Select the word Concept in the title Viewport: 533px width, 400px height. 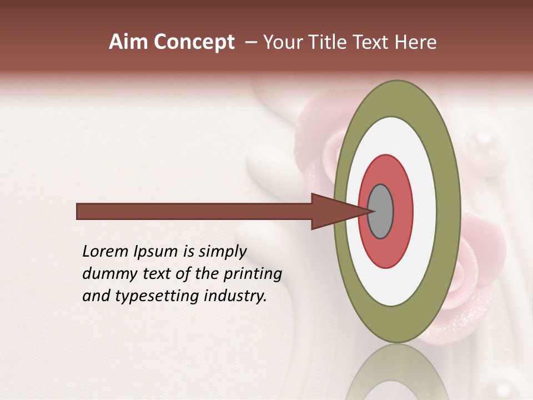[x=193, y=42]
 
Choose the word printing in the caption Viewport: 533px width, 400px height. [x=253, y=274]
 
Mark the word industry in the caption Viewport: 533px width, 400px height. [x=235, y=296]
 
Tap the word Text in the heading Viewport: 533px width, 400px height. [x=372, y=42]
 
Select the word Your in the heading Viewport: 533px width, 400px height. [x=281, y=42]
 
